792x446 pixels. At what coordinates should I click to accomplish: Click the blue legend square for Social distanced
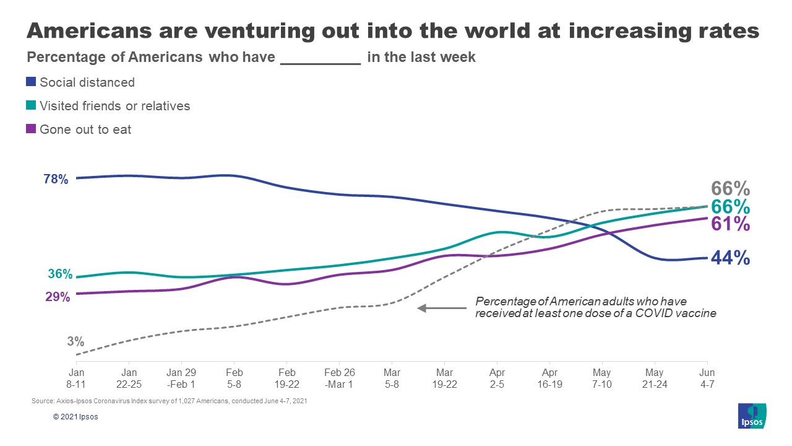coord(32,82)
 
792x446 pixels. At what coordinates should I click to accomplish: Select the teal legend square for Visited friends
coord(32,106)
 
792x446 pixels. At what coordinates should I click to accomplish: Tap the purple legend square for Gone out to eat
coord(32,129)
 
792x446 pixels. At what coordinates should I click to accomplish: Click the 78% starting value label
coord(56,180)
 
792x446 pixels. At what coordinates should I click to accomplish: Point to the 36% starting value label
coord(59,274)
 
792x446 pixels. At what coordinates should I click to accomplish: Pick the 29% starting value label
coord(58,297)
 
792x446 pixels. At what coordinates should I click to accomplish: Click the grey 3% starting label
coord(76,341)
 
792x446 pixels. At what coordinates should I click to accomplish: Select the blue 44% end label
coord(730,258)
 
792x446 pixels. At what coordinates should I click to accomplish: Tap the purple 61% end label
coord(730,224)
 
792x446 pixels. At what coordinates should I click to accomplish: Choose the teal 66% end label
coord(730,207)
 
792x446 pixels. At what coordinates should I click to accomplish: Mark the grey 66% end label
coord(730,188)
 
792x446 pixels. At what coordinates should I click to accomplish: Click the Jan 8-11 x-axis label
coord(76,378)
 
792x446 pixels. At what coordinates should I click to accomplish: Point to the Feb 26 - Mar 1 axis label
coord(339,378)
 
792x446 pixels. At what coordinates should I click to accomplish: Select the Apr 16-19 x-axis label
coord(549,378)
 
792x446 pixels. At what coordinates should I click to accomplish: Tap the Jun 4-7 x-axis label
coord(707,378)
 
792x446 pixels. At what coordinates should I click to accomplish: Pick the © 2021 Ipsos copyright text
coord(75,417)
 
